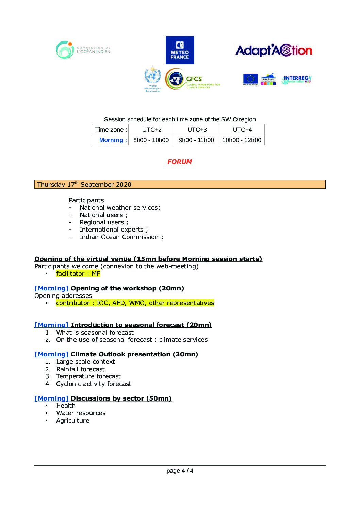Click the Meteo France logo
(180, 50)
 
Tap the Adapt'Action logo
(274, 50)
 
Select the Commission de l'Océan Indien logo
(83, 50)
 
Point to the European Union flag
(250, 79)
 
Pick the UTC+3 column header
(197, 130)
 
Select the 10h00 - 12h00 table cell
(242, 140)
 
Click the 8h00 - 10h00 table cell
(151, 140)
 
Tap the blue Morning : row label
(113, 140)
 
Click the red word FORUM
(179, 162)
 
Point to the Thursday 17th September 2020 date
(84, 184)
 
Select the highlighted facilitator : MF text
(78, 274)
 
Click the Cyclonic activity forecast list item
(94, 384)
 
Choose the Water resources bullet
(81, 413)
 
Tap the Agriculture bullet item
(73, 421)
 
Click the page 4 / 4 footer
(180, 471)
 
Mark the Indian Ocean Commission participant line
(121, 237)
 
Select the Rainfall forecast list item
(80, 369)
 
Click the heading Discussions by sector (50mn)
(121, 398)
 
